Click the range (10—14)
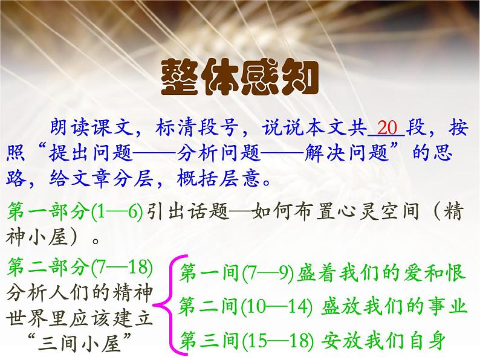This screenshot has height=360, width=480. coord(274,307)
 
